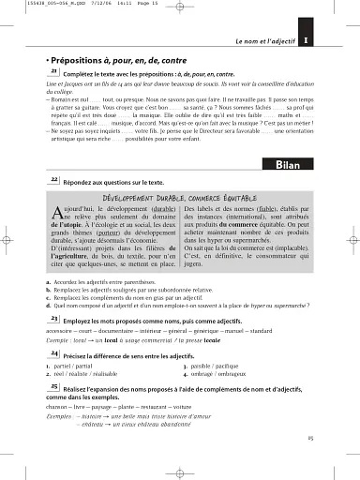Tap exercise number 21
54,70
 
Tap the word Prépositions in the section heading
82,58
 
